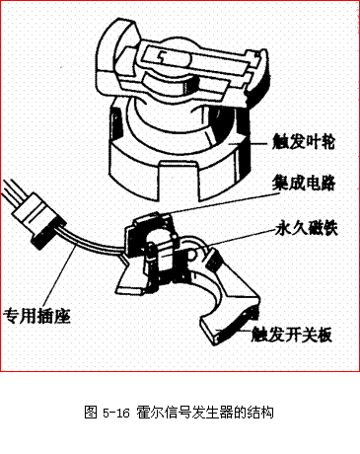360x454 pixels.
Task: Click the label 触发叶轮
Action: [303, 141]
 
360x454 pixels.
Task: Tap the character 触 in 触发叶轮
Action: [277, 141]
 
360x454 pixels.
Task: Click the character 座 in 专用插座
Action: [66, 317]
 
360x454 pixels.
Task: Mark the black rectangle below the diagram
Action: [180, 412]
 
